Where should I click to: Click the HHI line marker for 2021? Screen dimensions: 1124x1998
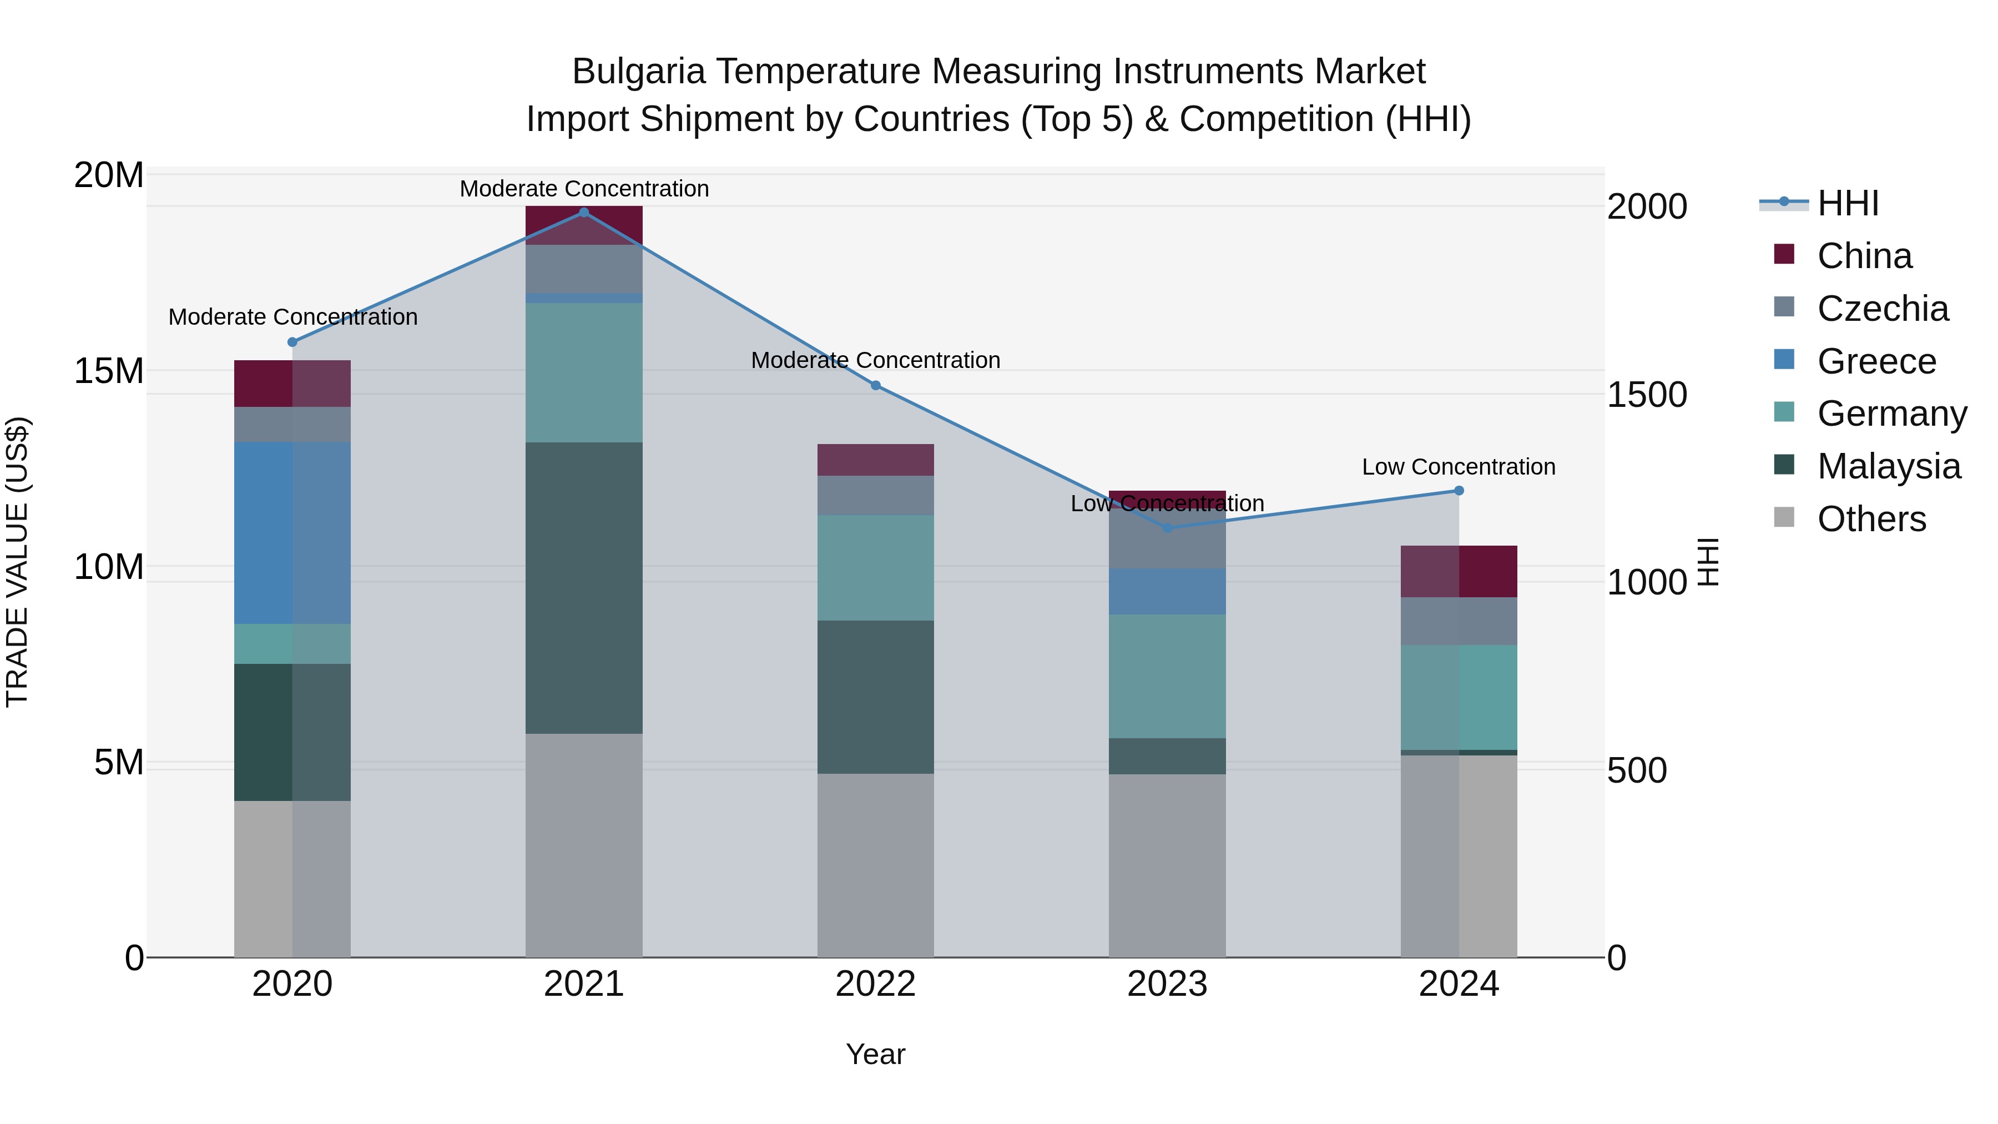[x=584, y=213]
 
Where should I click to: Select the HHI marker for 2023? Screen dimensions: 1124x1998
[x=1167, y=527]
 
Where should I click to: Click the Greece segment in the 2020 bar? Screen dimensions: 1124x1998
[x=292, y=533]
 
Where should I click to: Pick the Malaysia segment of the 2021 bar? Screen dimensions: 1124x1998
[x=584, y=588]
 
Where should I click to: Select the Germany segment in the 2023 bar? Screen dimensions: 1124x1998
[x=1167, y=677]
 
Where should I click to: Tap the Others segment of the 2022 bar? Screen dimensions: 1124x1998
[x=876, y=865]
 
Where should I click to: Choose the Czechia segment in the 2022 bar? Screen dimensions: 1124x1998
[x=876, y=496]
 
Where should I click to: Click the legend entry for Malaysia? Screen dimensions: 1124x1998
[x=1888, y=467]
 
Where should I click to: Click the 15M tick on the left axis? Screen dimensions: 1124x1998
[x=109, y=371]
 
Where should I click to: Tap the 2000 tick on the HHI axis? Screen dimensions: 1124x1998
[x=1647, y=207]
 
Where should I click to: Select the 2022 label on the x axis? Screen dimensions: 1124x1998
[x=876, y=984]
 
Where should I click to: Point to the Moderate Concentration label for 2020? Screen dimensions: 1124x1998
[x=292, y=317]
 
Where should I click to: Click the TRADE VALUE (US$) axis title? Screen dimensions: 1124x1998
[x=17, y=562]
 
